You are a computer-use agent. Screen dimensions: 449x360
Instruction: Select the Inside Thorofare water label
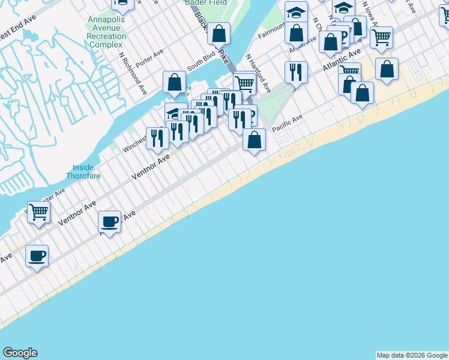[83, 171]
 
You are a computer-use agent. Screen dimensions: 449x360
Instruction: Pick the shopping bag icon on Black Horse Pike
[219, 34]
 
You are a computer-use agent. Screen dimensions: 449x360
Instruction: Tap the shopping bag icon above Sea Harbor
[174, 82]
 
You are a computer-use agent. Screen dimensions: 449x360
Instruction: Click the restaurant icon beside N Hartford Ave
[296, 72]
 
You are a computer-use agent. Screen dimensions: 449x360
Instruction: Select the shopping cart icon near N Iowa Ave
[381, 37]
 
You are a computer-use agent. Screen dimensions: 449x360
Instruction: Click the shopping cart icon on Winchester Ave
[38, 211]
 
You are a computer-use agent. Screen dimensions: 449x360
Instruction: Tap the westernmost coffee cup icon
[37, 256]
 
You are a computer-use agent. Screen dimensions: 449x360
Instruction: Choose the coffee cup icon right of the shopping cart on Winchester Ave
[110, 221]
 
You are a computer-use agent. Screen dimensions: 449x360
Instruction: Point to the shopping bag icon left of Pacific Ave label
[255, 140]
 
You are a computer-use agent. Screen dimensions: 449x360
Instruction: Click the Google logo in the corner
[20, 353]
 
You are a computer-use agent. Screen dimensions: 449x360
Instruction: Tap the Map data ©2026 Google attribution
[412, 355]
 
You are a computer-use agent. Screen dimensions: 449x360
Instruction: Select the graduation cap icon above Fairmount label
[295, 11]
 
